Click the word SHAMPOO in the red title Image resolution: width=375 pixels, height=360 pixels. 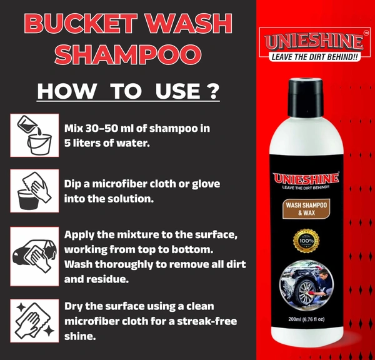click(x=128, y=53)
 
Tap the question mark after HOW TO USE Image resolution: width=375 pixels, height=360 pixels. click(x=212, y=90)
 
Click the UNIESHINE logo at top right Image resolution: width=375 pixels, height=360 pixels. click(x=312, y=41)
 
